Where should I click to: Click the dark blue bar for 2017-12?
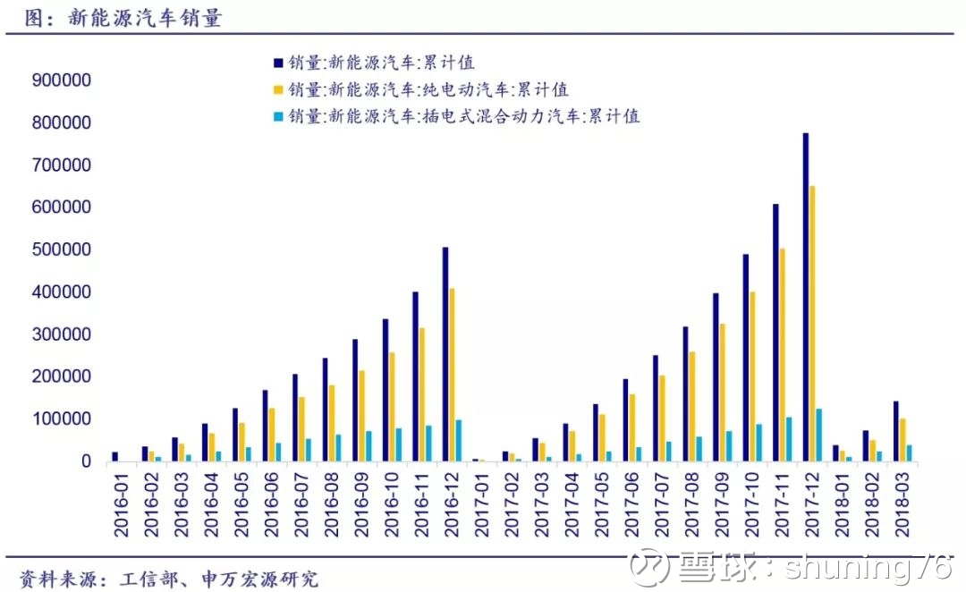806,297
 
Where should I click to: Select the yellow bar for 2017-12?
813,324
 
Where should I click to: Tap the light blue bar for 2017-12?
819,436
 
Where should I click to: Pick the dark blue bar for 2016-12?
445,354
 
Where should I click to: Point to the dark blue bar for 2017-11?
775,333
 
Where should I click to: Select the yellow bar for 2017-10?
752,376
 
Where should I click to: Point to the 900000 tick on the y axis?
62,80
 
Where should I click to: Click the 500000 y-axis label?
62,249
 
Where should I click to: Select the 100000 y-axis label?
62,419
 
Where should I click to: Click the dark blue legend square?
278,63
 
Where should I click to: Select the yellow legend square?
278,90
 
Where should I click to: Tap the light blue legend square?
278,116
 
